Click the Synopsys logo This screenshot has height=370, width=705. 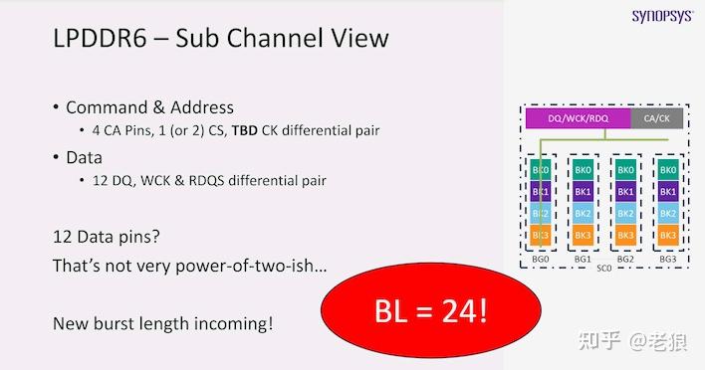pyautogui.click(x=663, y=16)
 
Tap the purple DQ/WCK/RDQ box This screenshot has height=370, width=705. pyautogui.click(x=579, y=118)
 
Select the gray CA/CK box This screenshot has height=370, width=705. pyautogui.click(x=657, y=118)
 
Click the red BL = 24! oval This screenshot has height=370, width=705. pyautogui.click(x=431, y=310)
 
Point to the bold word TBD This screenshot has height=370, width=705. pyautogui.click(x=245, y=130)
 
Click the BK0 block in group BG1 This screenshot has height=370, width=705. pyautogui.click(x=583, y=170)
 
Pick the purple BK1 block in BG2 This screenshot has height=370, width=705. pyautogui.click(x=625, y=192)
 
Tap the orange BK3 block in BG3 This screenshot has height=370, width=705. pyautogui.click(x=668, y=235)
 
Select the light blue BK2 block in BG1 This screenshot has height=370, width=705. pyautogui.click(x=583, y=213)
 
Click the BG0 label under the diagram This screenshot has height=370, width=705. pyautogui.click(x=541, y=259)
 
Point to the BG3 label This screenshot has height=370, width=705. pyautogui.click(x=668, y=259)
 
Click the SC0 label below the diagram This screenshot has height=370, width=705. pyautogui.click(x=603, y=269)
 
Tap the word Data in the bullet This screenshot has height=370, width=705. pyautogui.click(x=84, y=157)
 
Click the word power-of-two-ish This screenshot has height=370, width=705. pyautogui.click(x=251, y=266)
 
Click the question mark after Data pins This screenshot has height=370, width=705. pyautogui.click(x=155, y=236)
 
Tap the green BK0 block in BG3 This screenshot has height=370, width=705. pyautogui.click(x=668, y=170)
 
